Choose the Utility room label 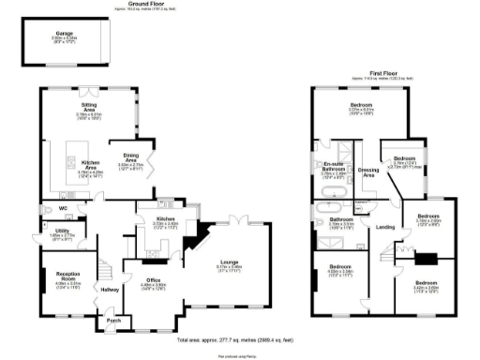click(x=62, y=231)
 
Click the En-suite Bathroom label click(x=335, y=166)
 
